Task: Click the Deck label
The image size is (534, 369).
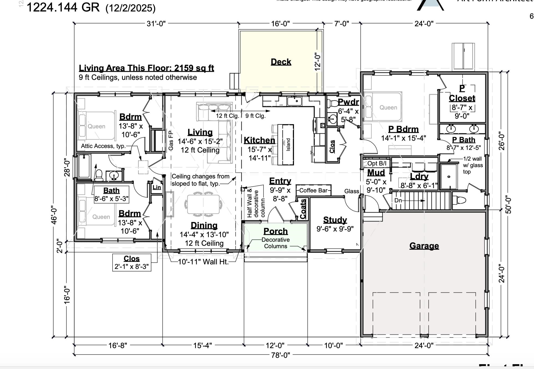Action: click(281, 62)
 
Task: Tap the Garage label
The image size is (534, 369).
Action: click(424, 246)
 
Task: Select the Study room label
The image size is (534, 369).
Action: click(335, 220)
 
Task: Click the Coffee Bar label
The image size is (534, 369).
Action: click(313, 190)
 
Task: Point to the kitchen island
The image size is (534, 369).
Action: click(286, 145)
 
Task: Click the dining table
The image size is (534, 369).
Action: click(203, 204)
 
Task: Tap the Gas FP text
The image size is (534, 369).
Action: click(171, 140)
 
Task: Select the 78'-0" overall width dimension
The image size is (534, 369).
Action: click(280, 355)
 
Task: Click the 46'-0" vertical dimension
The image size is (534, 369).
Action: click(54, 214)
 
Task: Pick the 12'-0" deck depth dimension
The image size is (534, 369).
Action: click(318, 62)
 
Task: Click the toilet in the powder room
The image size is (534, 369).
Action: click(332, 103)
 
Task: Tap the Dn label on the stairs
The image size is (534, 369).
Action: click(398, 200)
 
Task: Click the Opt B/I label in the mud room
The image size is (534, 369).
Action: click(376, 163)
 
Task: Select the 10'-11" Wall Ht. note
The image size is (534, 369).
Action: click(203, 262)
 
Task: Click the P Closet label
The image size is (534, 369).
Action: click(462, 93)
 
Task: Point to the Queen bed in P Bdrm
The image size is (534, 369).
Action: click(383, 107)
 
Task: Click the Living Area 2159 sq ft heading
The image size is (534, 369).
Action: click(146, 68)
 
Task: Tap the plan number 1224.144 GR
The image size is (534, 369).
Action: click(63, 7)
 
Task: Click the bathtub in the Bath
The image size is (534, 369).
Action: click(84, 166)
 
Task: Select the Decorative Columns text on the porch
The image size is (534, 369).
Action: click(275, 243)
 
